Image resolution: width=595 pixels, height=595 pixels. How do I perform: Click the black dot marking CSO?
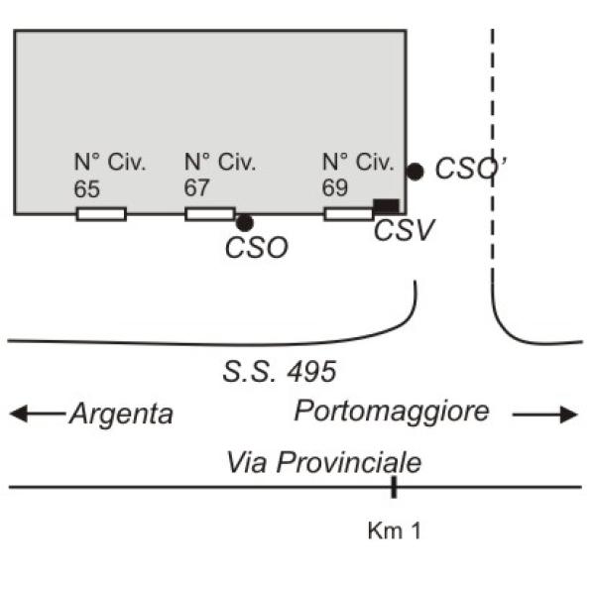244,223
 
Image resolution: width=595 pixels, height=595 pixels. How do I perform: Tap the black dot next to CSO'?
416,172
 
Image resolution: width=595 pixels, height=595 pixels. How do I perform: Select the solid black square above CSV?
387,206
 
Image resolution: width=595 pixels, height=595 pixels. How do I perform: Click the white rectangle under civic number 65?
101,214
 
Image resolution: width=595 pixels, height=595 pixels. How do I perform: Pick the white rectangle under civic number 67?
210,214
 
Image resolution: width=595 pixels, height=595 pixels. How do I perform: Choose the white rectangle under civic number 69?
349,214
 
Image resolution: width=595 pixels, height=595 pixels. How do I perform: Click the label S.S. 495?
280,372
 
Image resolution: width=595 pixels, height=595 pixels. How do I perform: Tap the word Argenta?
121,414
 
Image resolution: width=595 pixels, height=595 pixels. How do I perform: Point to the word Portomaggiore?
392,412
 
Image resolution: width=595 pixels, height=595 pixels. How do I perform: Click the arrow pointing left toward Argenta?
38,414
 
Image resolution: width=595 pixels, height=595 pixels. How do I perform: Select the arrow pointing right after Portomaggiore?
544,415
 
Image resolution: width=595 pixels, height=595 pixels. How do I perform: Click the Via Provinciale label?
323,462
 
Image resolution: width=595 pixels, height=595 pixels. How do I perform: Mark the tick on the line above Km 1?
394,487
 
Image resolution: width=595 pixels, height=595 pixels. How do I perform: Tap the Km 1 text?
395,531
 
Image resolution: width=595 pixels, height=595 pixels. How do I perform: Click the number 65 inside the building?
86,189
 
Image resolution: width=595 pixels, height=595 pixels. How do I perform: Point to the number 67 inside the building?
196,187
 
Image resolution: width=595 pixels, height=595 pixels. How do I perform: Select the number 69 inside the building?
335,187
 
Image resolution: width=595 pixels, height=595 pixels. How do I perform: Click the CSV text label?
404,230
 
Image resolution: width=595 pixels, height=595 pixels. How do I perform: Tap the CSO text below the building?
257,248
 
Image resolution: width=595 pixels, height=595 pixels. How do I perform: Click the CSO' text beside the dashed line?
470,168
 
